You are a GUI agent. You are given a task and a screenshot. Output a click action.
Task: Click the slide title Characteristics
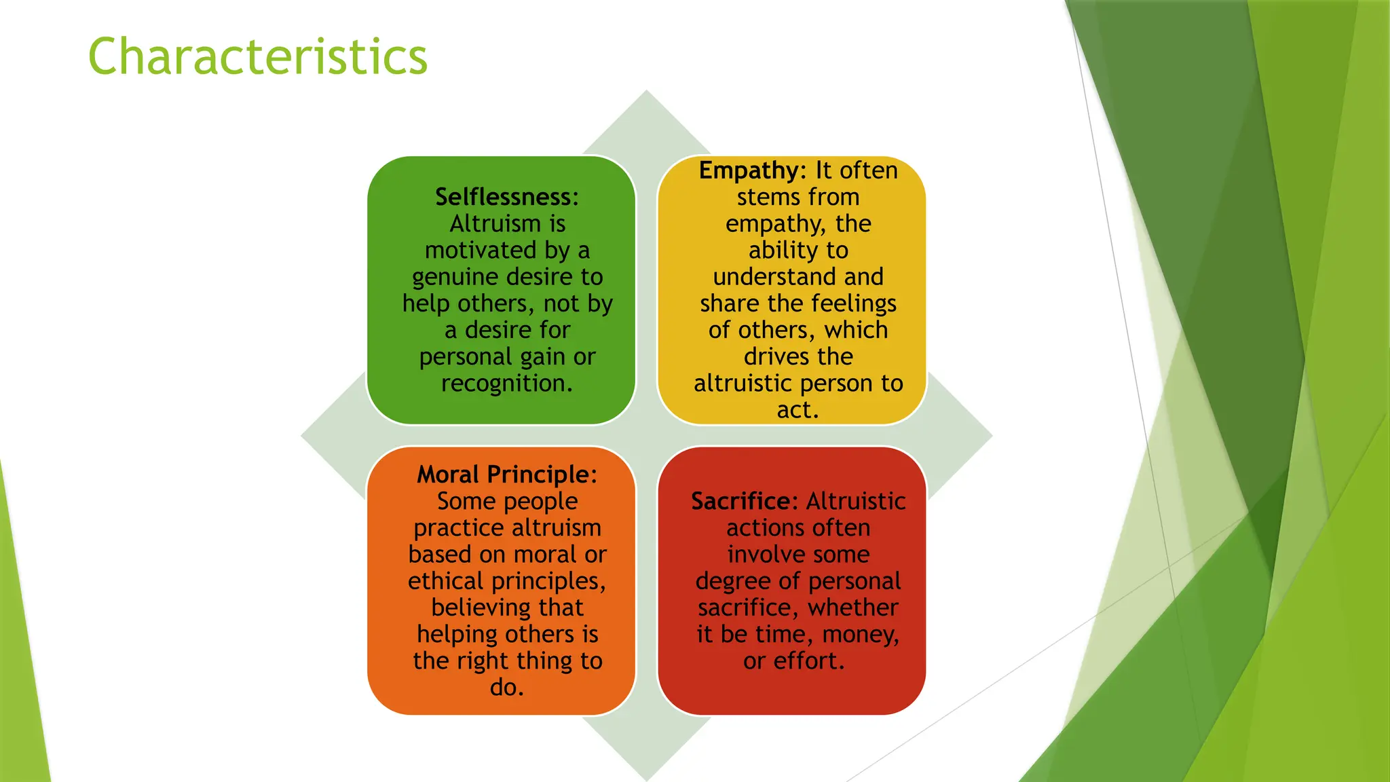(x=257, y=56)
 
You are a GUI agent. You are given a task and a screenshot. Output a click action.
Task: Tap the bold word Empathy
(x=749, y=170)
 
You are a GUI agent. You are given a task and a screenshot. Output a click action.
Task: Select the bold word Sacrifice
(x=743, y=501)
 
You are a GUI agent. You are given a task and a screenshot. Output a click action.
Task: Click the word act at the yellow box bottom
(x=793, y=410)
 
